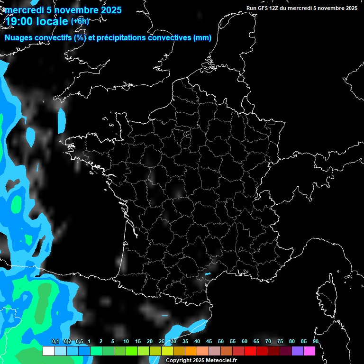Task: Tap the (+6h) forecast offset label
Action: [x=80, y=21]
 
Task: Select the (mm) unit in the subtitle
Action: [x=202, y=38]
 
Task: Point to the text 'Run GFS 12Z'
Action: [x=262, y=8]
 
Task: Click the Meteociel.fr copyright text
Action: [x=201, y=361]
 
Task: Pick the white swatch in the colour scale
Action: [x=48, y=351]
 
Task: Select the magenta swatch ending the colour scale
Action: [x=309, y=351]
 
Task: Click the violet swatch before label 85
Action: [x=297, y=351]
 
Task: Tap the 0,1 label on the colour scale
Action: [x=55, y=342]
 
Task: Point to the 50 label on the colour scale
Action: [x=221, y=342]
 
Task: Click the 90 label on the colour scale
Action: [x=315, y=342]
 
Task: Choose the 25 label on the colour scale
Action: [x=162, y=342]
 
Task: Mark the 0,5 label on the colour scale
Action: [x=79, y=342]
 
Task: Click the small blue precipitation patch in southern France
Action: [x=207, y=273]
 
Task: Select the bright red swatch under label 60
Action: [x=250, y=351]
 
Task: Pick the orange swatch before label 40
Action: [x=191, y=351]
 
